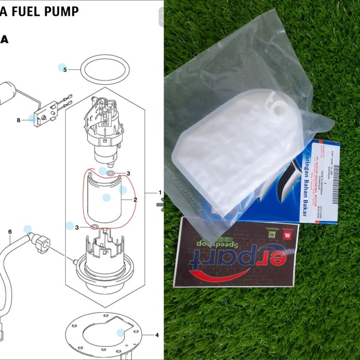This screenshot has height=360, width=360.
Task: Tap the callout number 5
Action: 65,69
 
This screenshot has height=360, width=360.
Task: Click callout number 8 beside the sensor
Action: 19,120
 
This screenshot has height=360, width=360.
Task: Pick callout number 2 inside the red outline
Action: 135,199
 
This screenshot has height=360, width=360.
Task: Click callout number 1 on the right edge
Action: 160,192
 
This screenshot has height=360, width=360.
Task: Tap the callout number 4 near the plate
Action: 157,335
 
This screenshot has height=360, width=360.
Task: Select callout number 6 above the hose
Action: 10,232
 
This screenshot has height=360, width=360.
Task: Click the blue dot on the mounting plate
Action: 120,333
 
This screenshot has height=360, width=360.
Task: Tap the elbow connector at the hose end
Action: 41,240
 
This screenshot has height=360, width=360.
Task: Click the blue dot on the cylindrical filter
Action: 106,197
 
